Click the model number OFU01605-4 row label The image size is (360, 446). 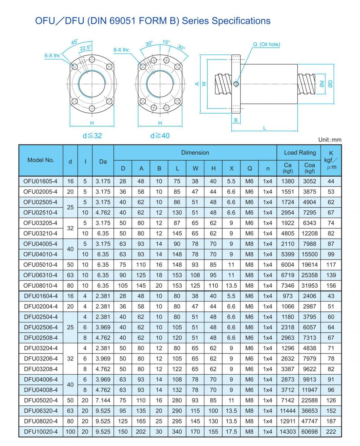pyautogui.click(x=41, y=181)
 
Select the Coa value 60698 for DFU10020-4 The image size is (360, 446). pyautogui.click(x=309, y=432)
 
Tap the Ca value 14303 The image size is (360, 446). pyautogui.click(x=288, y=432)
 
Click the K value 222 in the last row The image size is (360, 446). pyautogui.click(x=331, y=432)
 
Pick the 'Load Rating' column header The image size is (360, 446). pyautogui.click(x=300, y=152)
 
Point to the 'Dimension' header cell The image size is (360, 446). pyautogui.click(x=195, y=152)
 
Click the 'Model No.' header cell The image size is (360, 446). pyautogui.click(x=41, y=160)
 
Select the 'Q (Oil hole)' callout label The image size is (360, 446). pyautogui.click(x=267, y=45)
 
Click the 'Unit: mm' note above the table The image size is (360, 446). pyautogui.click(x=330, y=140)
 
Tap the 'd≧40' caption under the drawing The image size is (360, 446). pyautogui.click(x=160, y=136)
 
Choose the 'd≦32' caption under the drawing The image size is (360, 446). pyautogui.click(x=92, y=136)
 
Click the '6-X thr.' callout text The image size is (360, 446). pyautogui.click(x=52, y=56)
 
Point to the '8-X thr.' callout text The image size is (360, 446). pyautogui.click(x=121, y=49)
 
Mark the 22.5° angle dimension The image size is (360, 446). pyautogui.click(x=85, y=48)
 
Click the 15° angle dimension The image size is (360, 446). pyautogui.click(x=166, y=42)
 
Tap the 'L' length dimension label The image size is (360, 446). pyautogui.click(x=265, y=128)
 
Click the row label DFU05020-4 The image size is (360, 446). pyautogui.click(x=41, y=400)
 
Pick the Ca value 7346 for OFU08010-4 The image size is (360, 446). pyautogui.click(x=288, y=285)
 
